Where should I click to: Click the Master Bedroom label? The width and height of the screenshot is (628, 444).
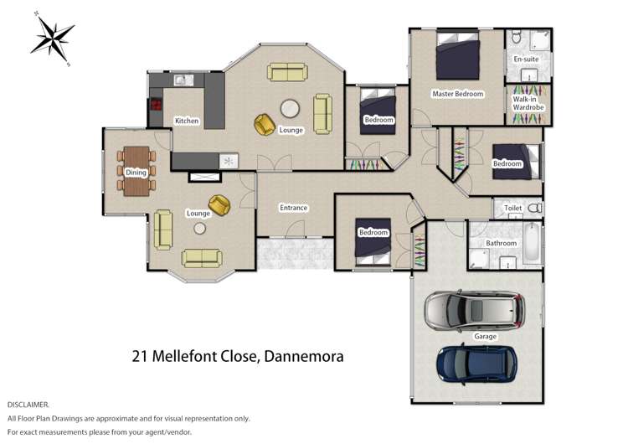457,94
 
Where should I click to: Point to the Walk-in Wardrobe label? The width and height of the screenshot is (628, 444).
528,103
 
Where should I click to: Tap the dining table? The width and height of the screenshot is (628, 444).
136,171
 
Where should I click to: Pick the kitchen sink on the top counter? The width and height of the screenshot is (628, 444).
183,81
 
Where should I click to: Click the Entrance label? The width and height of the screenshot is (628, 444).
293,208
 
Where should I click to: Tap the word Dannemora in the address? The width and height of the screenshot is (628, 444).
304,356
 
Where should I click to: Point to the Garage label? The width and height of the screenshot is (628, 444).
485,337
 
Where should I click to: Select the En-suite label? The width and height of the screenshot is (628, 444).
526,59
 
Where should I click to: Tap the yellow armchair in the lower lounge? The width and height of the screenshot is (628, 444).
220,204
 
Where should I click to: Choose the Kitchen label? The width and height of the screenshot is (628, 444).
186,121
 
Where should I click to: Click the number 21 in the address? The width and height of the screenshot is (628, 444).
141,356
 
